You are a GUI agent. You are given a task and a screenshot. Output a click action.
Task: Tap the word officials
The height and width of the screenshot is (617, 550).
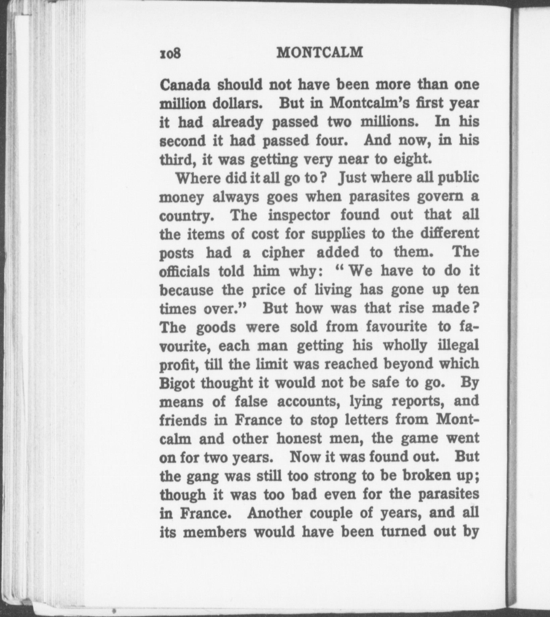point(184,271)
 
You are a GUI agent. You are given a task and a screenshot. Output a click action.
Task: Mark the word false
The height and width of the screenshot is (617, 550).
point(251,401)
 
